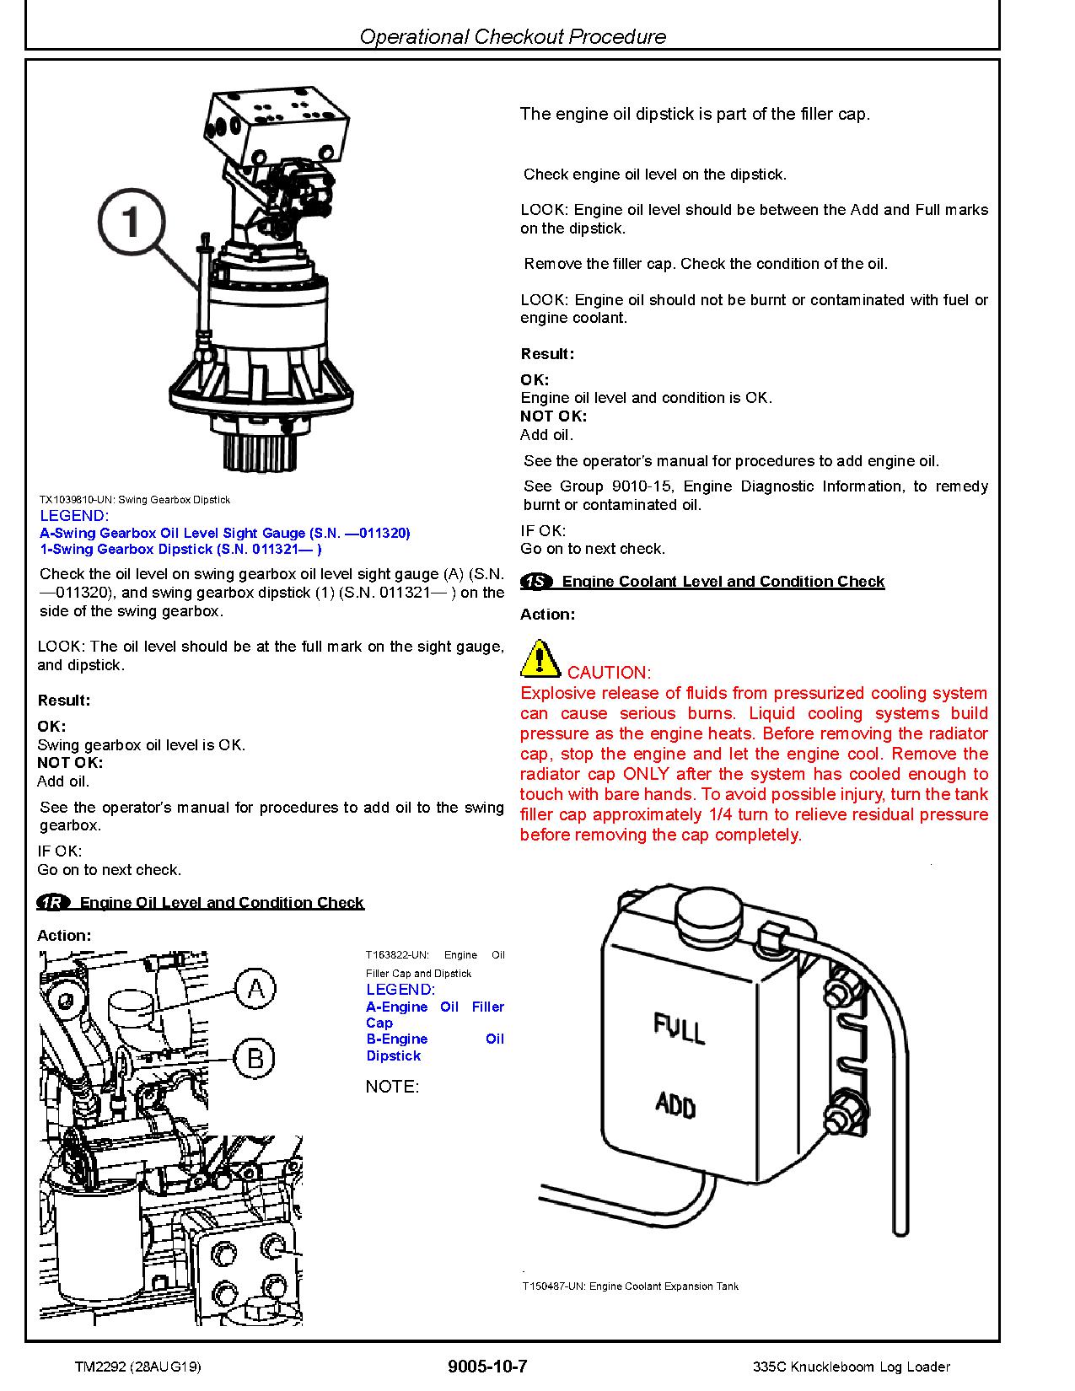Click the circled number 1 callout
tap(132, 223)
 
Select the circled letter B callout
tap(255, 1057)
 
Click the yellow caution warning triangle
tap(540, 659)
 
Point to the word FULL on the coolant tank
tap(680, 1028)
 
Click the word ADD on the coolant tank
tap(675, 1104)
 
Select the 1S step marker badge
tap(537, 582)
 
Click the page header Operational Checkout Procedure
tap(513, 36)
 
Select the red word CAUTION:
tap(609, 673)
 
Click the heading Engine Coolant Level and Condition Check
tap(723, 582)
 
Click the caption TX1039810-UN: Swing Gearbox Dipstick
tap(135, 500)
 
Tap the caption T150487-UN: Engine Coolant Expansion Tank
tap(631, 1286)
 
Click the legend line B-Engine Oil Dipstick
tap(434, 1047)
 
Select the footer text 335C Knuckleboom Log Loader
tap(852, 1367)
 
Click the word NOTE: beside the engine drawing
tap(392, 1087)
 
